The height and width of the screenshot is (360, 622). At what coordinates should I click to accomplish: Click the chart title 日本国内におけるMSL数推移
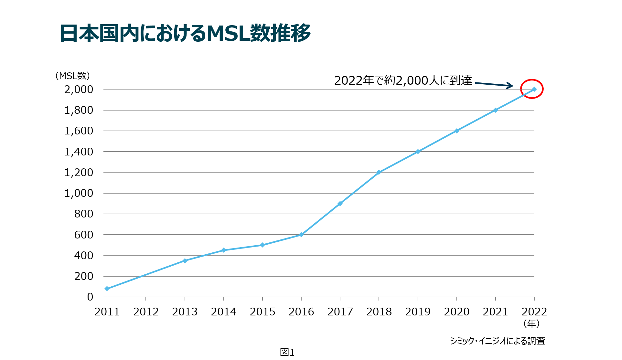coord(185,33)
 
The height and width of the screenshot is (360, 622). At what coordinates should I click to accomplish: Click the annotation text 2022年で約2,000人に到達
coord(403,81)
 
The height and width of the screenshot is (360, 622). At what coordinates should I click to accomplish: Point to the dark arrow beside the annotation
coord(494,84)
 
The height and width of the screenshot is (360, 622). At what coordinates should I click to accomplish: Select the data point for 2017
coord(340,203)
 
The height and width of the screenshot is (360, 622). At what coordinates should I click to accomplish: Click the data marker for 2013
coord(185,261)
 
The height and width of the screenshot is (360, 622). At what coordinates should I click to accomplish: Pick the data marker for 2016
coord(301,235)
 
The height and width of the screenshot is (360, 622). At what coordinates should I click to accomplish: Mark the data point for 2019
coord(418,152)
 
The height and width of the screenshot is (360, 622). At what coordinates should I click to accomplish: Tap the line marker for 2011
coord(107,289)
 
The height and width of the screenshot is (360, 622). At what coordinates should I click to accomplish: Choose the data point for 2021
coord(495,110)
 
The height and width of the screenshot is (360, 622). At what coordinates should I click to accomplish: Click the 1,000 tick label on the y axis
coord(79,193)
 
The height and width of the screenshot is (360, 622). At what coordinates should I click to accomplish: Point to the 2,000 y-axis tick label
coord(79,89)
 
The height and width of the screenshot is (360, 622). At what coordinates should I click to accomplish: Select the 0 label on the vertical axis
coord(90,297)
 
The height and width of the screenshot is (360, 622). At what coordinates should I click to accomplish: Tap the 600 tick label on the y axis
coord(84,235)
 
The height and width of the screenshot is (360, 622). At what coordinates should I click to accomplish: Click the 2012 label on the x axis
coord(146,312)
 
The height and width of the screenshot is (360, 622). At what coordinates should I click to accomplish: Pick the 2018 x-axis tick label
coord(379,312)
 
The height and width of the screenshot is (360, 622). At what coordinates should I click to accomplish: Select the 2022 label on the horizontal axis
coord(534,312)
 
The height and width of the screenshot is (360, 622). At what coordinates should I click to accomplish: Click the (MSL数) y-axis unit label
coord(72,76)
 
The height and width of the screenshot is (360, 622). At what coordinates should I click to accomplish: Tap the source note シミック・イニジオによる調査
coord(497,341)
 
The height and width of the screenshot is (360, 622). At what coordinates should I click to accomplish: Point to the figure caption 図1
coord(287,352)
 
